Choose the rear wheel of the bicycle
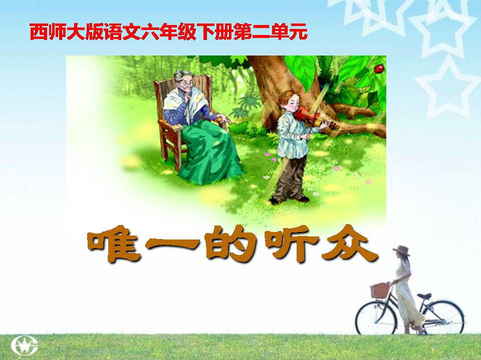click(x=443, y=318)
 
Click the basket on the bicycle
click(x=380, y=290)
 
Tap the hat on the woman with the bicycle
click(x=401, y=250)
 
